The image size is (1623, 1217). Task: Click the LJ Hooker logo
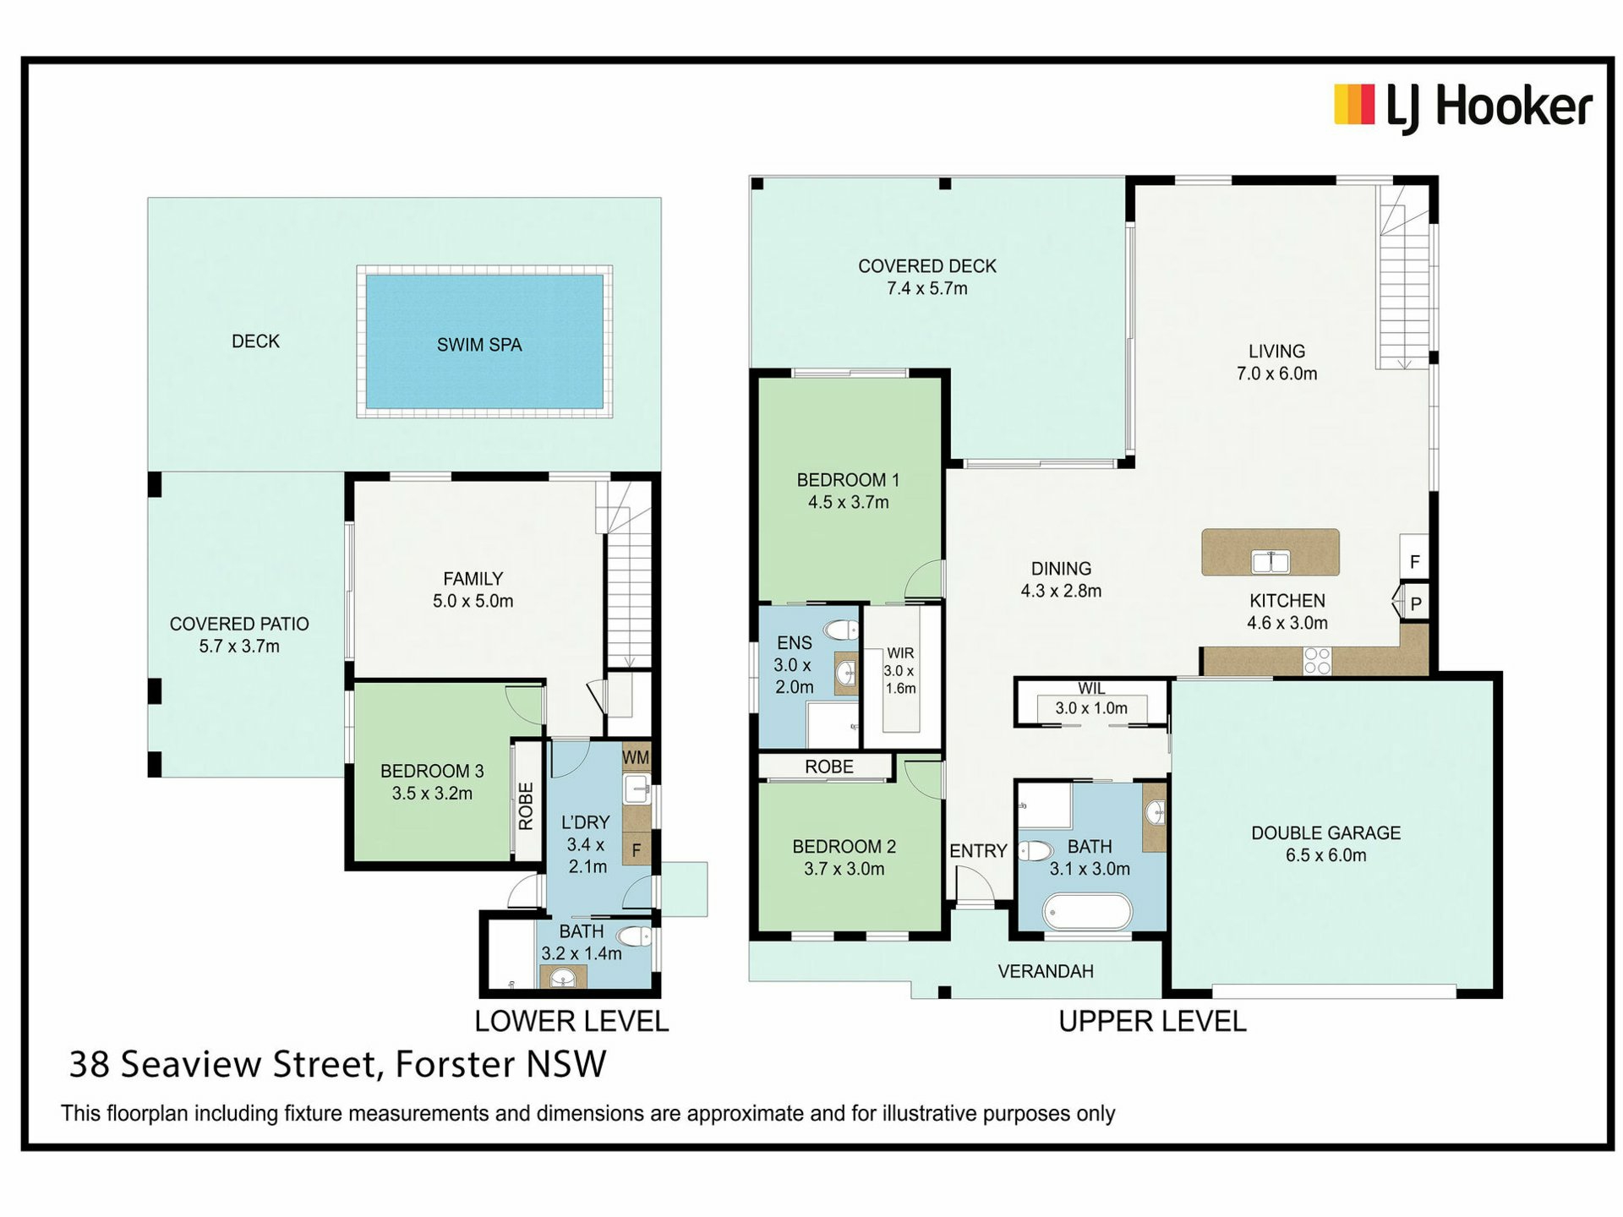[x=1463, y=107]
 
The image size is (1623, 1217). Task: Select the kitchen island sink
[x=1271, y=561]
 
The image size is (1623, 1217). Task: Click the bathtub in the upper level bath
[x=1088, y=912]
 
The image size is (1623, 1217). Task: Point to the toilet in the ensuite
[x=842, y=630]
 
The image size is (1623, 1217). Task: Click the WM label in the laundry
[x=636, y=757]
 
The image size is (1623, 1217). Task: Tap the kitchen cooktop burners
[x=1317, y=660]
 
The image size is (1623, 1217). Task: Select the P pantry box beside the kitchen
[x=1415, y=603]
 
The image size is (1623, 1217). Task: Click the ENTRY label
[x=978, y=851]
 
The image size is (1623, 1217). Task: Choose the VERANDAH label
[x=1046, y=971]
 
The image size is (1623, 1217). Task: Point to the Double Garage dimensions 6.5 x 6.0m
[x=1325, y=855]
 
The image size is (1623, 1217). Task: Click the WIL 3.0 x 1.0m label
[x=1091, y=699]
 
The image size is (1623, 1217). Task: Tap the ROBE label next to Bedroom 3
[x=526, y=806]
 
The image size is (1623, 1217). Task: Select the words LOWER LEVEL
[x=571, y=1021]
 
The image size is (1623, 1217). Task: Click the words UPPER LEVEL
[x=1152, y=1021]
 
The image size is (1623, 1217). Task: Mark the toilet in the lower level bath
[x=635, y=936]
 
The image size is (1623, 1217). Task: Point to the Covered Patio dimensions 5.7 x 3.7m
[x=239, y=647]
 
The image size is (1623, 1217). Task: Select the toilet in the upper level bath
[x=1036, y=850]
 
